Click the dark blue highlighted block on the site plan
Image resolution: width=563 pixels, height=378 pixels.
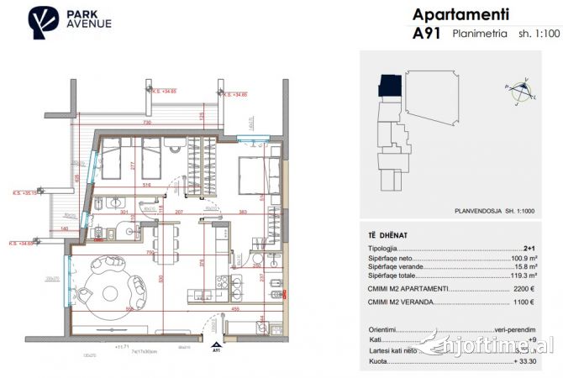(x=388, y=85)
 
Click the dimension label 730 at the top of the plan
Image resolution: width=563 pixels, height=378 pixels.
(x=146, y=123)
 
